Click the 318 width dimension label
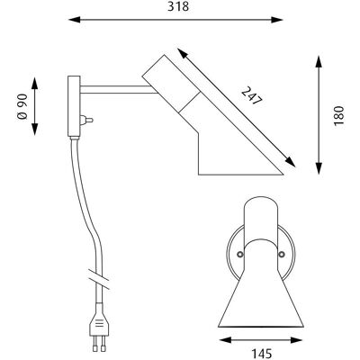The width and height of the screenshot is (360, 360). click(x=178, y=6)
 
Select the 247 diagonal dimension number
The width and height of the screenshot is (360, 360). click(x=252, y=95)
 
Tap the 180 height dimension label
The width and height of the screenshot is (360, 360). click(x=338, y=116)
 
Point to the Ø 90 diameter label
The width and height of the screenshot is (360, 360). click(x=22, y=106)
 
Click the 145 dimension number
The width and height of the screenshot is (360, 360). click(x=261, y=354)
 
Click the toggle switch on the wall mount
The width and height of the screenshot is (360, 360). click(x=86, y=121)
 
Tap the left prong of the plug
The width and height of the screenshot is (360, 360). click(x=94, y=344)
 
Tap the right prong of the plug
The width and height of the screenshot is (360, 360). click(x=103, y=344)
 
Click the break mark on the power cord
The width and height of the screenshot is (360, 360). click(x=99, y=279)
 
